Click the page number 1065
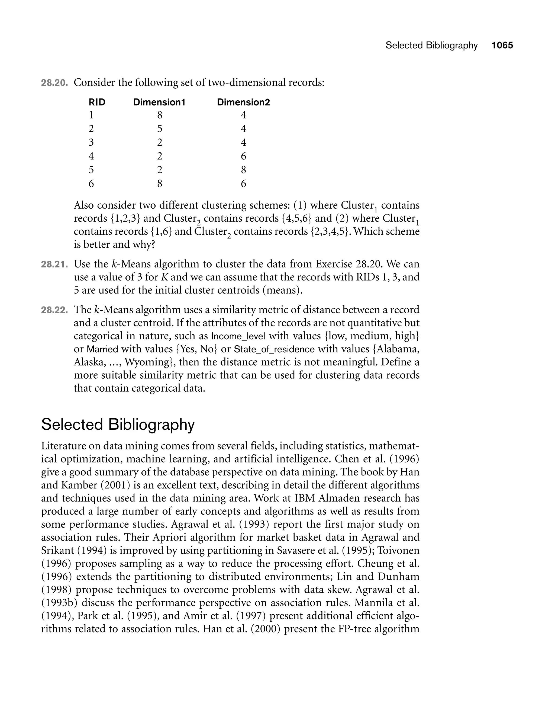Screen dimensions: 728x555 (x=502, y=45)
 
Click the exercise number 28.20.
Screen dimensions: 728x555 (x=54, y=83)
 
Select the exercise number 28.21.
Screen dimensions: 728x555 (x=54, y=264)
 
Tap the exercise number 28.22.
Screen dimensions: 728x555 (x=54, y=310)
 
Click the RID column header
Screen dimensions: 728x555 (x=97, y=102)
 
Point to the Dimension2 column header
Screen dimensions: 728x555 (x=243, y=102)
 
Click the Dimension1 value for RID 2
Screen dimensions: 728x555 (x=160, y=129)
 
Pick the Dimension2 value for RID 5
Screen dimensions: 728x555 (x=243, y=170)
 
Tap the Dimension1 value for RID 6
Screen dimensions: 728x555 (x=160, y=183)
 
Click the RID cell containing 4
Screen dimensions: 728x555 (x=91, y=156)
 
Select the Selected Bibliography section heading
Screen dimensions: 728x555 (x=118, y=424)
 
